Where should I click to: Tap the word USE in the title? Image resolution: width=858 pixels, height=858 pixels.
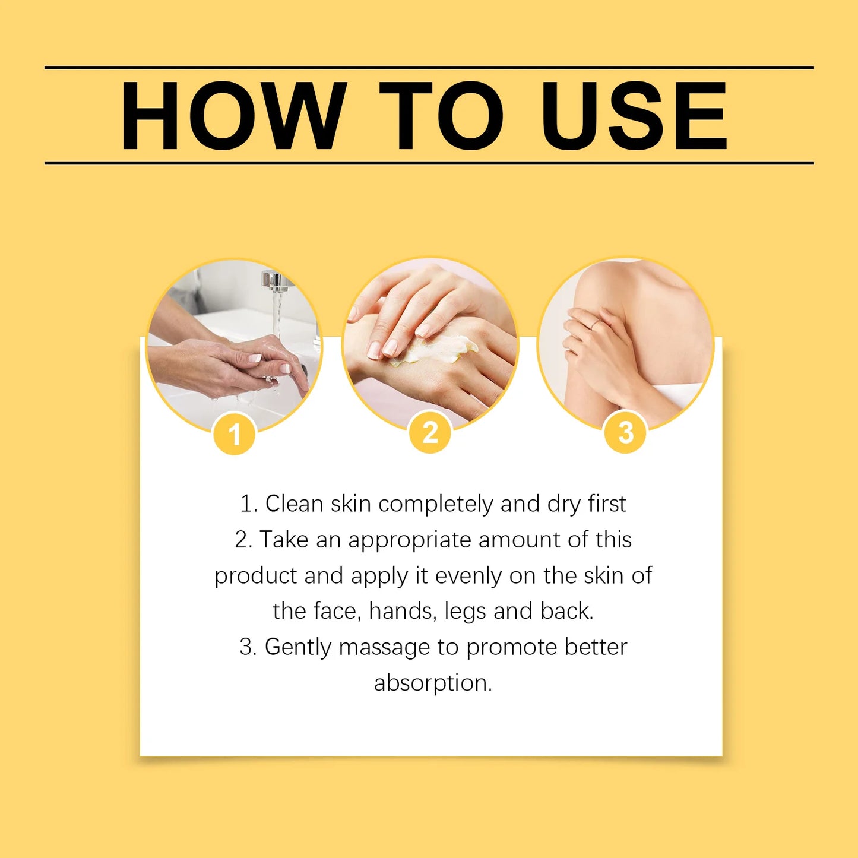point(634,116)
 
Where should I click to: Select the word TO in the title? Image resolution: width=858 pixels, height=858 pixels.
point(441,116)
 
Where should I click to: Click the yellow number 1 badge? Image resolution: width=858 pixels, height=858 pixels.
point(234,434)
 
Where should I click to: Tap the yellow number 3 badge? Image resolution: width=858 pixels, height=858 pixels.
point(625,432)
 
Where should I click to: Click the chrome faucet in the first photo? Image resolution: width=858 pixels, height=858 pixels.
point(275,281)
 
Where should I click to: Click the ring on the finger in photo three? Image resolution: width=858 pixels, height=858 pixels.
point(594,324)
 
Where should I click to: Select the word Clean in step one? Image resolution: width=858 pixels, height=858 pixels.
point(294,504)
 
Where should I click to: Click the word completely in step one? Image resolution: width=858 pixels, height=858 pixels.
point(436,504)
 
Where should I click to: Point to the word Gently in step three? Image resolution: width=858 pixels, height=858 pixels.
point(297,647)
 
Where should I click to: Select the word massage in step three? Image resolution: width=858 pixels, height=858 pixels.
point(384,647)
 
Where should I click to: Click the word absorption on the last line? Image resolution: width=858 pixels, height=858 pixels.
point(432,683)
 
